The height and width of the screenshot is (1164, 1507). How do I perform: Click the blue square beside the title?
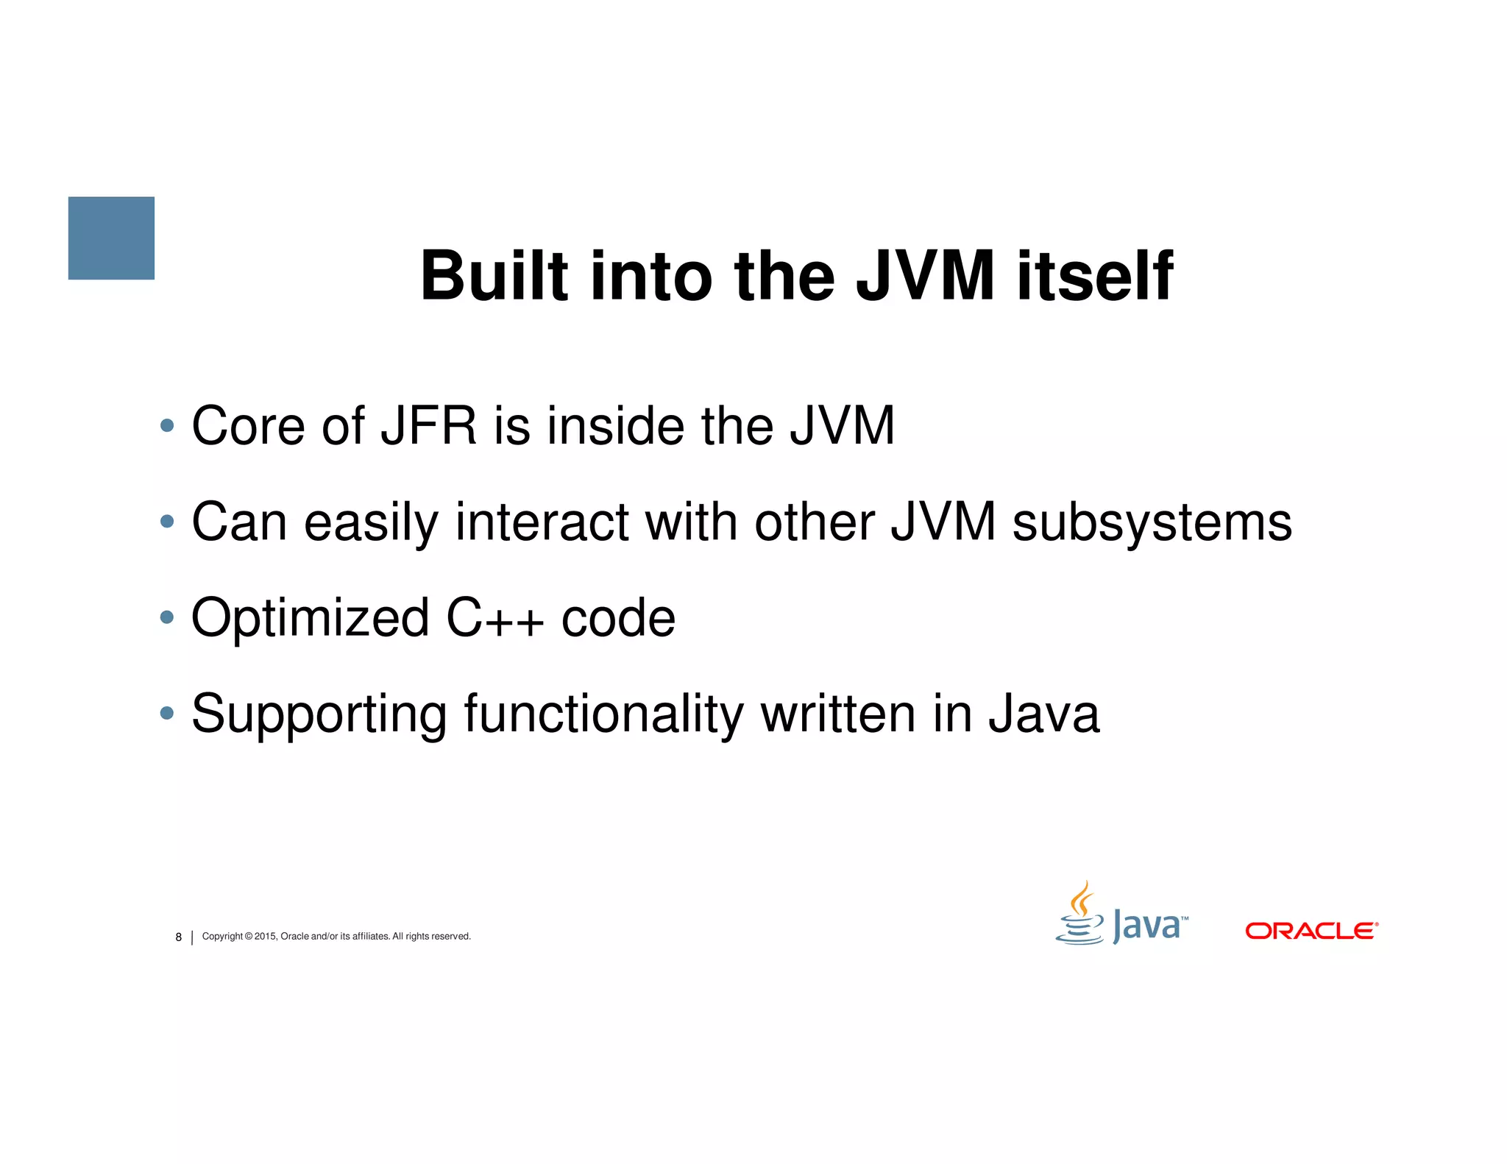click(111, 238)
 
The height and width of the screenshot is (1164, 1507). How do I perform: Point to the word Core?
click(247, 426)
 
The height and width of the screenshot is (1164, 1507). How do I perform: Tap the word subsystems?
click(1152, 522)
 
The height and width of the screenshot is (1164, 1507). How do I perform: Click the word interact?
click(542, 522)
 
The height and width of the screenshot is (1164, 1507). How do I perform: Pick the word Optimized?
click(310, 618)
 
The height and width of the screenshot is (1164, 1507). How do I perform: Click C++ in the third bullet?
click(494, 618)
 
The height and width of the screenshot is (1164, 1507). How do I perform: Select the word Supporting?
click(319, 714)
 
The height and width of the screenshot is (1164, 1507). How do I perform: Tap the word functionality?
click(603, 714)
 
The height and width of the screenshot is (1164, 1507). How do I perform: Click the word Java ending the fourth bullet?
click(1043, 714)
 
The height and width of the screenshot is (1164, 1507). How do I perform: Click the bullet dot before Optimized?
click(167, 617)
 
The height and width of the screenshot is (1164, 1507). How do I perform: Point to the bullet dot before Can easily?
click(167, 522)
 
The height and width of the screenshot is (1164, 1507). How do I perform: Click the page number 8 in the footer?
click(178, 937)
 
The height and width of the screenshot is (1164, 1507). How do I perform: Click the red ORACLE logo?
click(1311, 931)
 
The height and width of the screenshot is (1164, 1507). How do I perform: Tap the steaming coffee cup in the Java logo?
click(1079, 916)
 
